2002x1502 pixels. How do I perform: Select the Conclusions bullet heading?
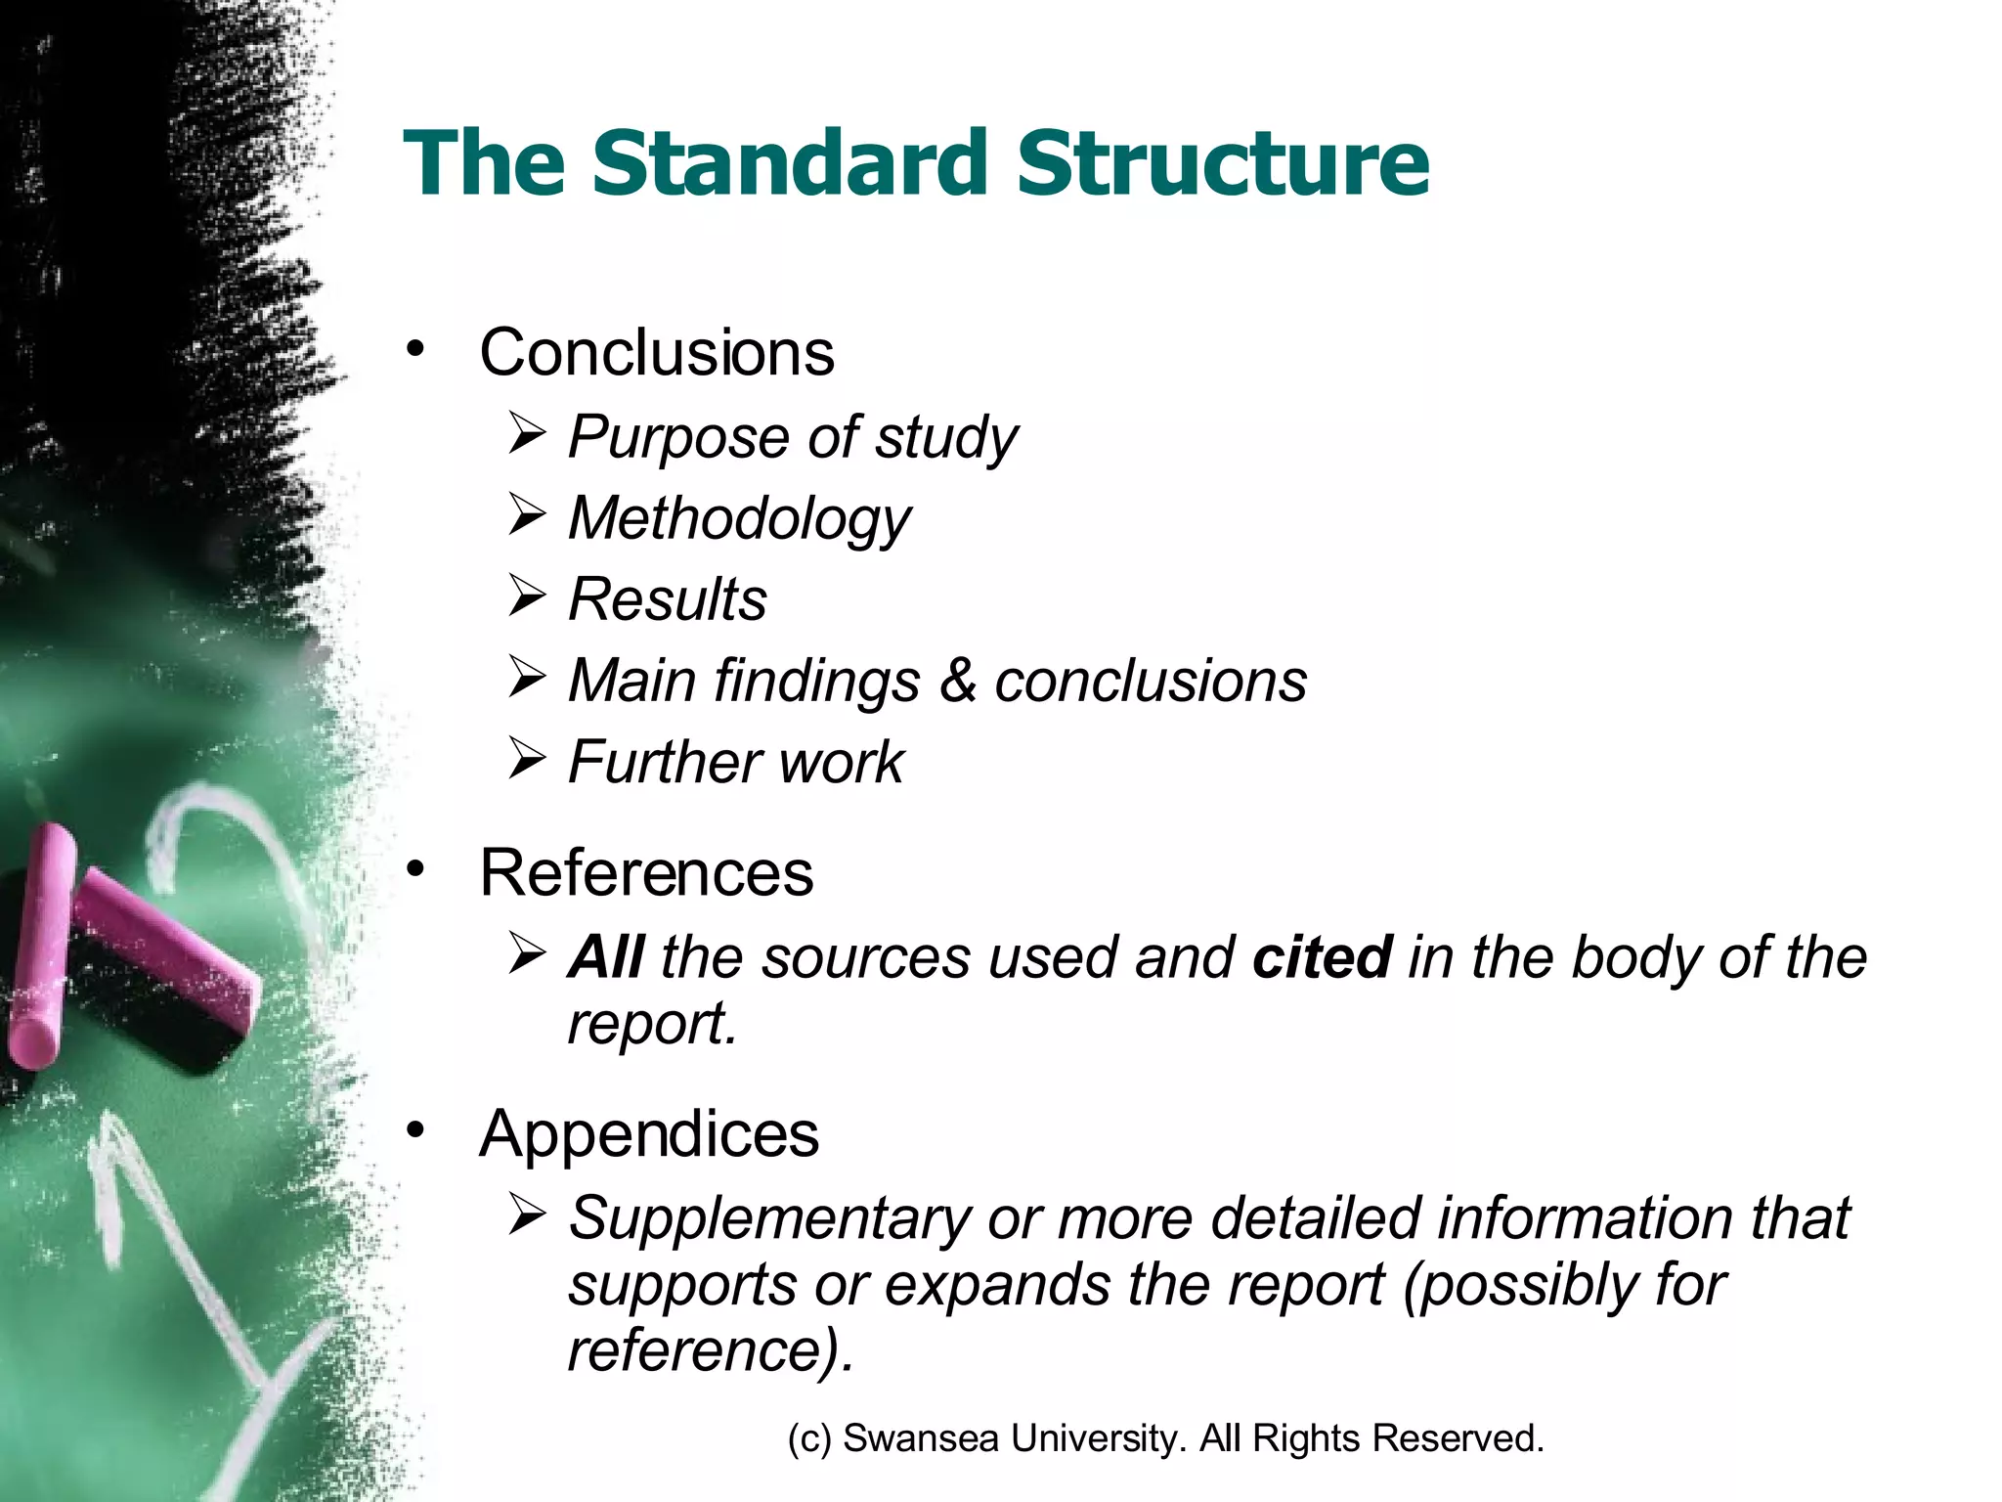[657, 352]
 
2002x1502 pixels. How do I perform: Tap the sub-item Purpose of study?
[792, 437]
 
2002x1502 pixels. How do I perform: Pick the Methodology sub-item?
[739, 518]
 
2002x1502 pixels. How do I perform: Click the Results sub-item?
[668, 598]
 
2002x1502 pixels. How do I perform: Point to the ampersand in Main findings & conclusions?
[957, 680]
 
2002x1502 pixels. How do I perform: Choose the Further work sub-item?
[735, 762]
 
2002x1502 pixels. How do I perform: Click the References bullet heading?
[646, 872]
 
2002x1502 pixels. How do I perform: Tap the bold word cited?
[1322, 956]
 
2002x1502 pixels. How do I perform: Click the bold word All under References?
[606, 956]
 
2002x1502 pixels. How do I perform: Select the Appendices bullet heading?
[649, 1134]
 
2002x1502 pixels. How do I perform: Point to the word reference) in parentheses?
[711, 1350]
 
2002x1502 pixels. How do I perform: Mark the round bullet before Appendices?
[416, 1131]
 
